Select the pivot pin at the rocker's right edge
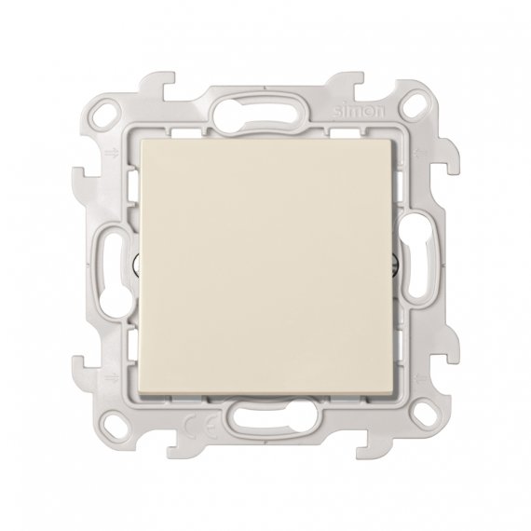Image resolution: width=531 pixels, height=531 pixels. tap(399, 264)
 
